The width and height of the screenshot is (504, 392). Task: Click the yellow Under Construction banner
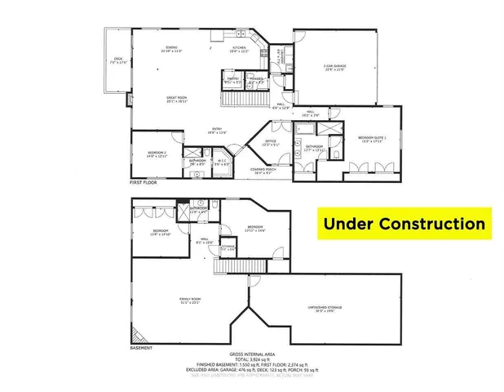point(405,223)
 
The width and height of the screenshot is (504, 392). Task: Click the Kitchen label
point(240,49)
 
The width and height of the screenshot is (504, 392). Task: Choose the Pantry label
point(232,80)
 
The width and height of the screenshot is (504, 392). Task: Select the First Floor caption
point(144,183)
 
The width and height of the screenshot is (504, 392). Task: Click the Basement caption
point(141,347)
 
